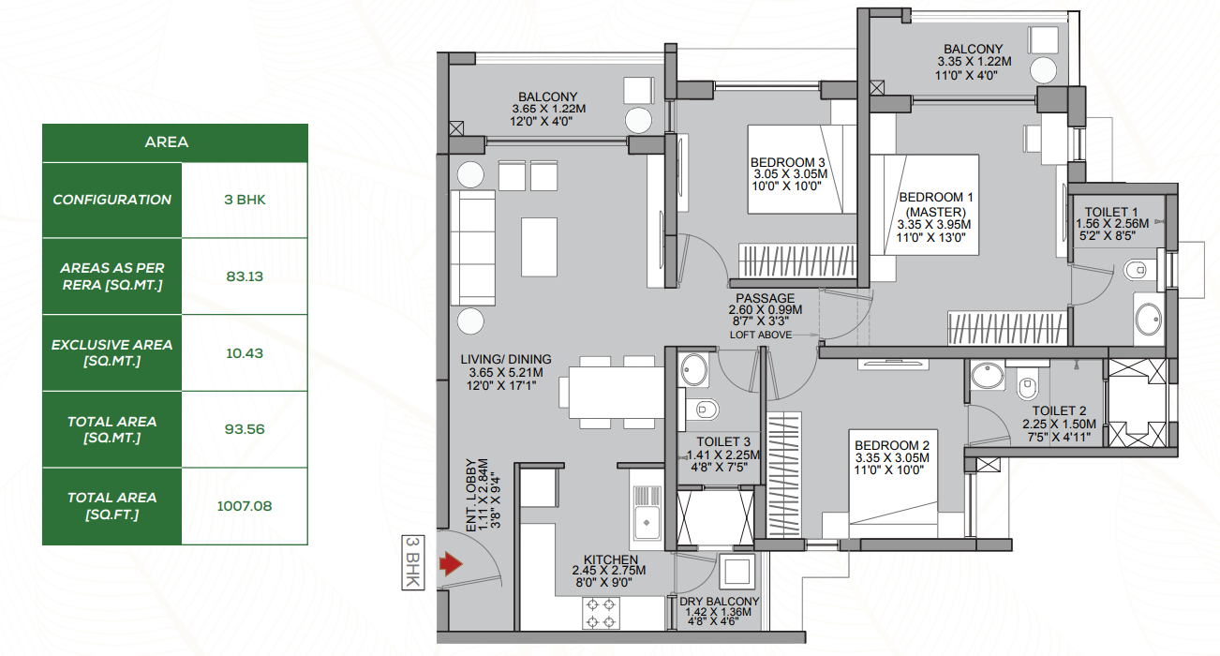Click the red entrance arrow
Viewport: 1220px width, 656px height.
452,564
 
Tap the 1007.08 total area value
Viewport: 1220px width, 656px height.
245,506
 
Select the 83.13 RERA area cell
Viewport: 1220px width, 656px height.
245,276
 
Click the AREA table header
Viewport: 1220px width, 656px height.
167,142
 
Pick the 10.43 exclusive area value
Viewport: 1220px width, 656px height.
245,353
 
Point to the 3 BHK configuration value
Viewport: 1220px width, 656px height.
245,200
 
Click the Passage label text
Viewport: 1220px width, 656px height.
766,299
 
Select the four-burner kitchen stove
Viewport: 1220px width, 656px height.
601,613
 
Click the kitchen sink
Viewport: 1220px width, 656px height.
647,512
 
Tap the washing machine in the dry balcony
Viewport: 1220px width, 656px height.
736,572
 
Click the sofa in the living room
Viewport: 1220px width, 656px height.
473,248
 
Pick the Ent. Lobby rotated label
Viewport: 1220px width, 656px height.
483,495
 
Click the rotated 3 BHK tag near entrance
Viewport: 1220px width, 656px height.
413,562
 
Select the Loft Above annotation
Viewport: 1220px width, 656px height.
761,335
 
